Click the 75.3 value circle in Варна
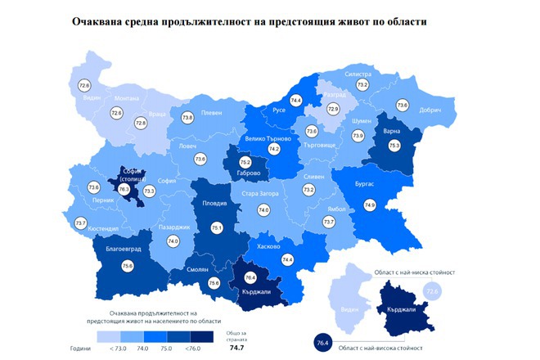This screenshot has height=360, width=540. point(394,144)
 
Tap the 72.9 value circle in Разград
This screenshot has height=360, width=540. point(332,108)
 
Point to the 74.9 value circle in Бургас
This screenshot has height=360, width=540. point(370,205)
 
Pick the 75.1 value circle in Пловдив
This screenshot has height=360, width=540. point(217,227)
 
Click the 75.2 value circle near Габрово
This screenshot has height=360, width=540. point(245,163)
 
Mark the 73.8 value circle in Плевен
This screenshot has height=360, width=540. point(187,118)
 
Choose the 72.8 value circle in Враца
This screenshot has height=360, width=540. point(140,122)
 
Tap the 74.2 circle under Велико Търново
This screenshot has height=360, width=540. point(274,149)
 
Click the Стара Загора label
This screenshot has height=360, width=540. point(262,194)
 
